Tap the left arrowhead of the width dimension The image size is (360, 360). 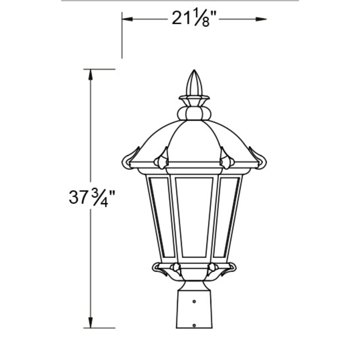click(127, 19)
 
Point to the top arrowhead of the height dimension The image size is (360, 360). click(91, 75)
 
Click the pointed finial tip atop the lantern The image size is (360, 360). click(194, 70)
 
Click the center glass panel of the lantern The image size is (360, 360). click(194, 217)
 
